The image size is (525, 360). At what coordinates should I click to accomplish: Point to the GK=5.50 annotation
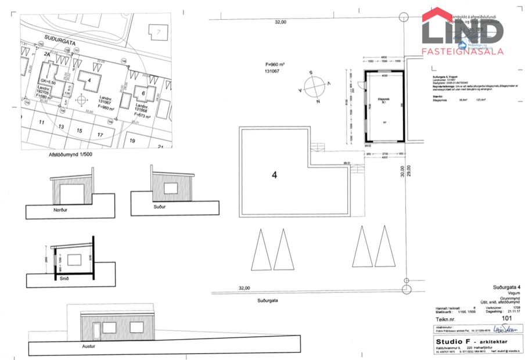(48, 83)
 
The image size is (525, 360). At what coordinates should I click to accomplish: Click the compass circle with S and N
(312, 87)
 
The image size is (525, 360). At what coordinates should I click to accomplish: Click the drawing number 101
(506, 318)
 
